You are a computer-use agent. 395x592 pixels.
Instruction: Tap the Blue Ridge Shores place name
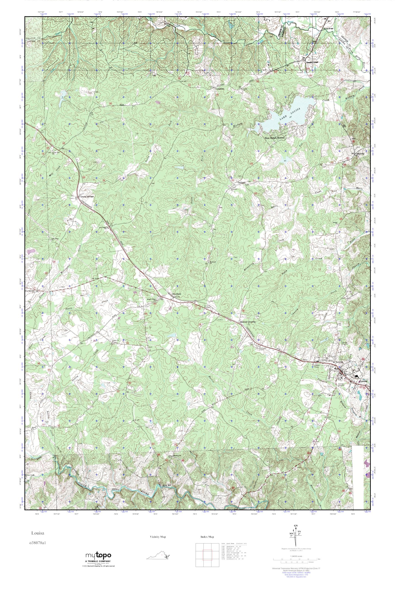274,138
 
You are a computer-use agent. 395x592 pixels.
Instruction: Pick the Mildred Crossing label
248,322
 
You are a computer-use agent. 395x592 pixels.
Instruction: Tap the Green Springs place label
87,197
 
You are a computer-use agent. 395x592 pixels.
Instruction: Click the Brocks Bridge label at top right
328,29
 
